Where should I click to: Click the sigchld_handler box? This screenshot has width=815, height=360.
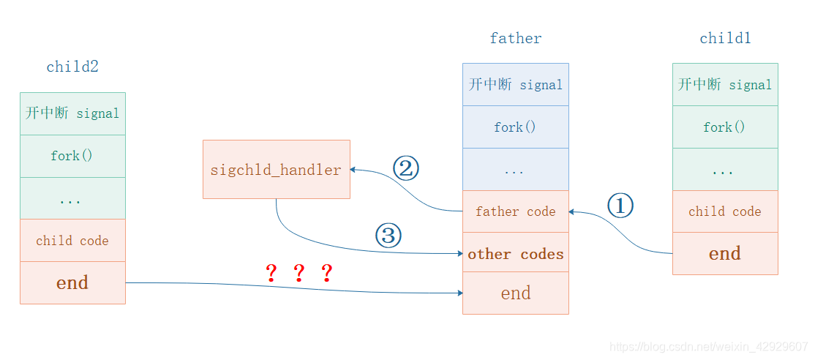276,170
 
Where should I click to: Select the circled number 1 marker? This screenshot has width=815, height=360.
620,207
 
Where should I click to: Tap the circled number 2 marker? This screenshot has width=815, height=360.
406,169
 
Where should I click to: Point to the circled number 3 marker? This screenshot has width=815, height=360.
388,236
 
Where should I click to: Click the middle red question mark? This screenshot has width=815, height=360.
298,274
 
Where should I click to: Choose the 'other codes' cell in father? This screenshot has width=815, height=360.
515,254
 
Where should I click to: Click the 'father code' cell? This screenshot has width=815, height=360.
515,211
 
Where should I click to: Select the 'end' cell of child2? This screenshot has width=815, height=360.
72,283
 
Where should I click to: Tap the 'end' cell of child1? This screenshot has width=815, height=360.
724,254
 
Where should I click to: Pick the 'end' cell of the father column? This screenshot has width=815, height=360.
515,293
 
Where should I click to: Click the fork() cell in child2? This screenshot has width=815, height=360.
72,156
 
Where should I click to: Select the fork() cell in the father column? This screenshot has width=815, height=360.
515,127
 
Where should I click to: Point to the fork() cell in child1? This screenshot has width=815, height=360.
724,127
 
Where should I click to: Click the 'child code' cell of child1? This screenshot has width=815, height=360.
724,211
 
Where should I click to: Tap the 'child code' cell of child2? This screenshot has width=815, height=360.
72,241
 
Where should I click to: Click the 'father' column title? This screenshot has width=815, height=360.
516,39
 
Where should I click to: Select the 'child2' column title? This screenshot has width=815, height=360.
72,67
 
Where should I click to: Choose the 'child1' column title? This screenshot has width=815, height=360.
725,39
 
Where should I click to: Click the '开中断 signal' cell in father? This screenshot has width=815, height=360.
515,85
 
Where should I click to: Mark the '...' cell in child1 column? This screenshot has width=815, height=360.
724,170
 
